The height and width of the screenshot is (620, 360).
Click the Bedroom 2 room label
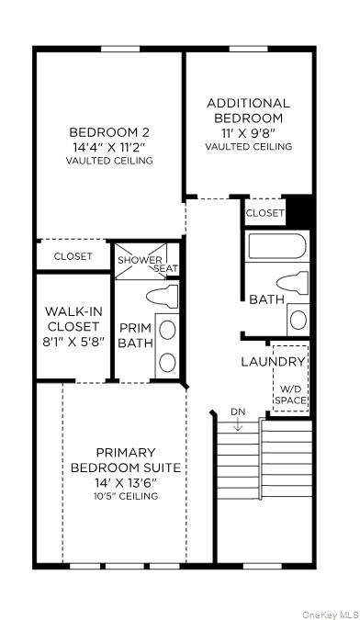(x=109, y=130)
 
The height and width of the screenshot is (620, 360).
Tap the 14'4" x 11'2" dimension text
(x=109, y=145)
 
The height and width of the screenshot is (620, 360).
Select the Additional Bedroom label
(x=248, y=110)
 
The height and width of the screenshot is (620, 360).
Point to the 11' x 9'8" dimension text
(x=248, y=131)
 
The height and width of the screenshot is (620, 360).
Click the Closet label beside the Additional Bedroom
(x=265, y=213)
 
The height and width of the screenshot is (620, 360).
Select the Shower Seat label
(x=148, y=265)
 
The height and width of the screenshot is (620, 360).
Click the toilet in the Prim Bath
(x=164, y=296)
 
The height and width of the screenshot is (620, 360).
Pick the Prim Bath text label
(x=134, y=335)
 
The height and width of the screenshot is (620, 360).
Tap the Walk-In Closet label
(x=72, y=318)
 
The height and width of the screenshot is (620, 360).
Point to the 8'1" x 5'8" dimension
(x=72, y=341)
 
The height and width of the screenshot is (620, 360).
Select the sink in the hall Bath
(x=298, y=319)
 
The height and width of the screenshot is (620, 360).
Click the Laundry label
(x=273, y=362)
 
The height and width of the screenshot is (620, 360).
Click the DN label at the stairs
(x=238, y=411)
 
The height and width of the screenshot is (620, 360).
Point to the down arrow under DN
(x=238, y=424)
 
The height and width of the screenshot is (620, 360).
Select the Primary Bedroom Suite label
(x=138, y=460)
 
